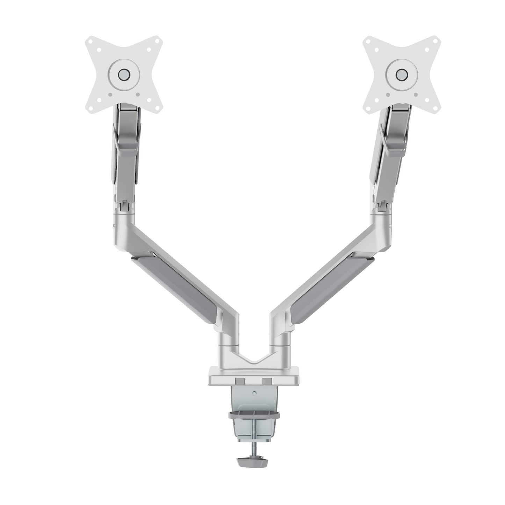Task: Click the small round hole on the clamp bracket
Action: coord(254,393)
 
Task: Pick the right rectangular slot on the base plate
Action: coord(267,380)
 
